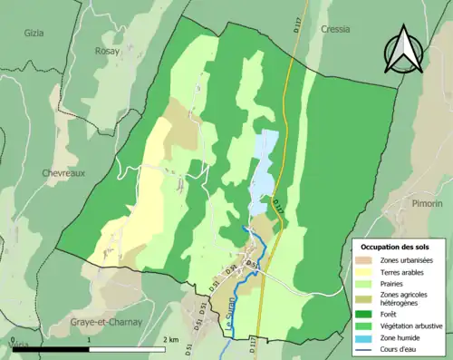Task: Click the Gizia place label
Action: [x=34, y=32]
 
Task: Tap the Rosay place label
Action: [x=108, y=52]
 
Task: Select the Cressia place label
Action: [x=335, y=29]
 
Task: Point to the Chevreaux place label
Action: [x=63, y=172]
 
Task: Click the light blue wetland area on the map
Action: [x=264, y=168]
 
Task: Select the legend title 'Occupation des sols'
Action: [x=395, y=247]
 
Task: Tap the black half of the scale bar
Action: [x=68, y=349]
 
